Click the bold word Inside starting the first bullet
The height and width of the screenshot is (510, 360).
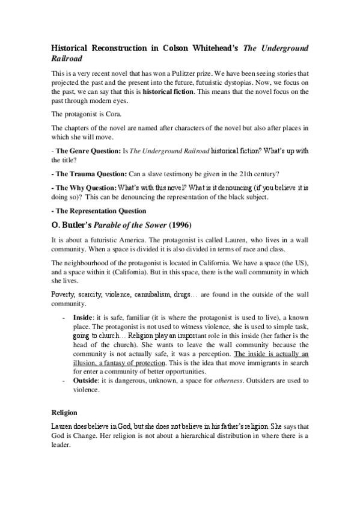click(82, 316)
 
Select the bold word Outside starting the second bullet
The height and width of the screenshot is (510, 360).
click(85, 381)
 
